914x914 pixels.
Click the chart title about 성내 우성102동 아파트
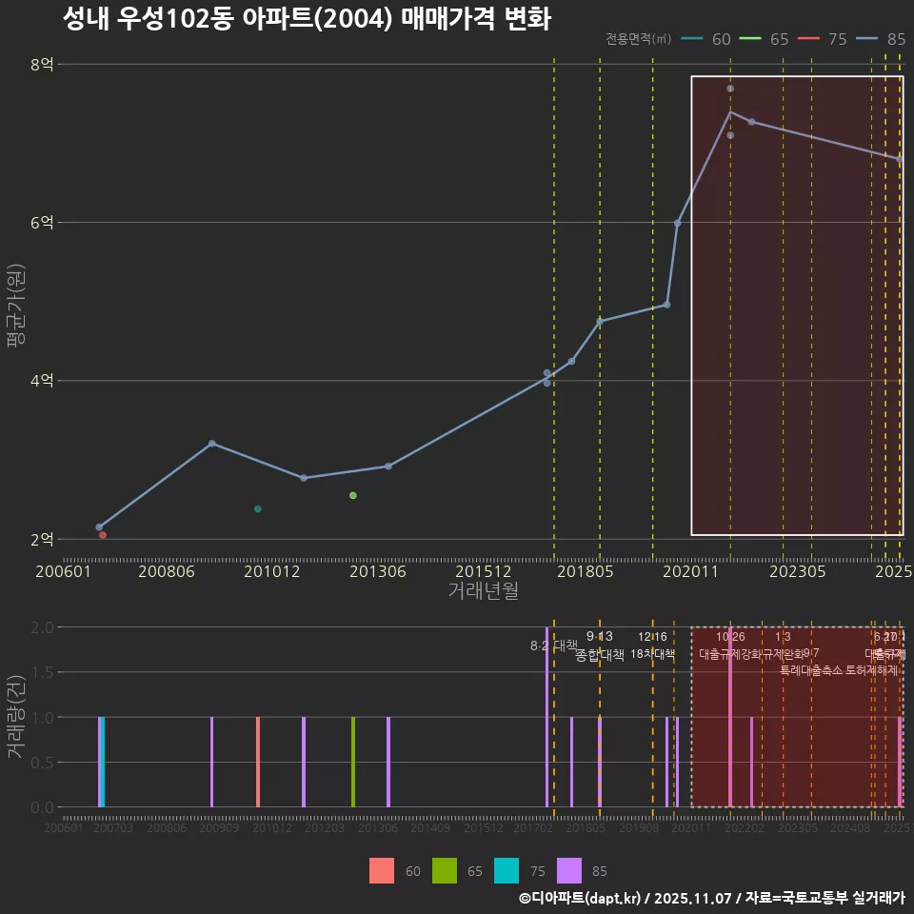point(307,19)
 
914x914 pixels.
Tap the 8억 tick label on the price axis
point(42,65)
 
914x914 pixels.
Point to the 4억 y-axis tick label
point(42,381)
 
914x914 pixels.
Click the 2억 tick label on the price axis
point(42,539)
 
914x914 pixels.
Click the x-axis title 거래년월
point(483,591)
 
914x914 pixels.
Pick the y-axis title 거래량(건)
point(15,717)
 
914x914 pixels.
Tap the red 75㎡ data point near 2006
point(103,535)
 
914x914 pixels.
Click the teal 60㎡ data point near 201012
point(258,509)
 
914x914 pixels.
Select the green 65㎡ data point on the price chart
point(353,495)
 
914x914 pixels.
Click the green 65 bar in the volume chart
point(353,762)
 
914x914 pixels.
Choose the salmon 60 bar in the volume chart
point(258,762)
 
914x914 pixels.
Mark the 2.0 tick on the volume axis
point(42,627)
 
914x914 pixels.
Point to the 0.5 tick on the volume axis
point(42,762)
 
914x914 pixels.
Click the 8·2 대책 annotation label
point(554,646)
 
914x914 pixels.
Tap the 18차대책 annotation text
point(653,654)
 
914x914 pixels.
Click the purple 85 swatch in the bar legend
point(569,870)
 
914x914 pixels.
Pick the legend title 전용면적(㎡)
point(639,39)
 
